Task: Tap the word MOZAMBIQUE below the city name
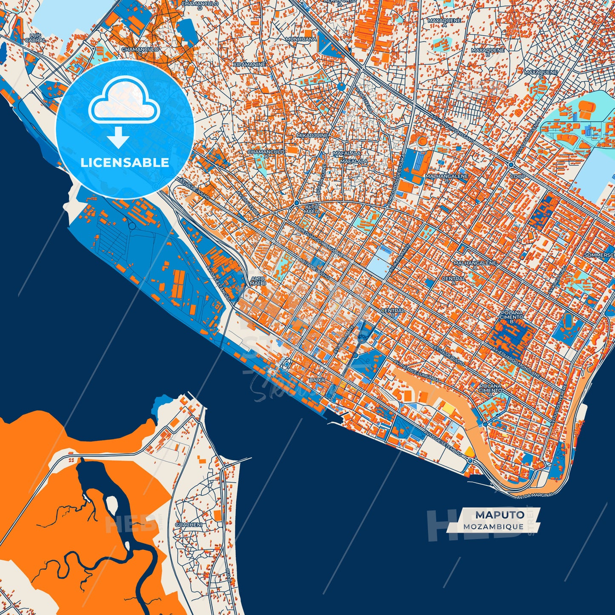pyautogui.click(x=494, y=526)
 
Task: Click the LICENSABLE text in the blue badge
pyautogui.click(x=125, y=163)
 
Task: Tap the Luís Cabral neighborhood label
pyautogui.click(x=35, y=38)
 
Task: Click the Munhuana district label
pyautogui.click(x=301, y=39)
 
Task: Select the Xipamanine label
pyautogui.click(x=249, y=64)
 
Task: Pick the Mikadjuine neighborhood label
pyautogui.click(x=312, y=135)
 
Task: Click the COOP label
pyautogui.click(x=518, y=176)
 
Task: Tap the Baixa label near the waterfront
pyautogui.click(x=317, y=380)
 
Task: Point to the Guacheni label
pyautogui.click(x=189, y=525)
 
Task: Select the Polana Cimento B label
pyautogui.click(x=512, y=317)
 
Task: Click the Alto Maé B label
pyautogui.click(x=258, y=281)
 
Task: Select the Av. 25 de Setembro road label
pyautogui.click(x=443, y=443)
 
